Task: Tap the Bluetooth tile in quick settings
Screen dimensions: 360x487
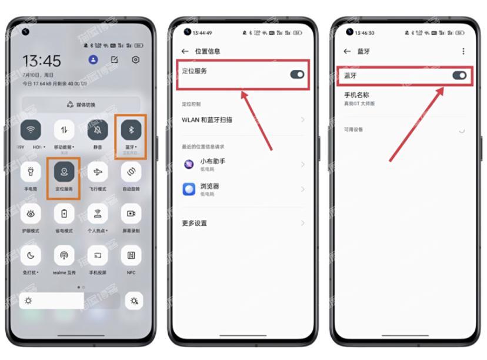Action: (131, 130)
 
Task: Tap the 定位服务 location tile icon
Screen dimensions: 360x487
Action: (64, 172)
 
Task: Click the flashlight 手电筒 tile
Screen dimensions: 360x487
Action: (31, 172)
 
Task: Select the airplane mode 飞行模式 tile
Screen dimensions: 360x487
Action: (98, 172)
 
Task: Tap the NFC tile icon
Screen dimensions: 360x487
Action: (131, 255)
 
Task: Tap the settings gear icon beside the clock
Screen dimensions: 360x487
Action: (136, 60)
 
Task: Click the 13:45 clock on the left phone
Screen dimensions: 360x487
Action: (41, 61)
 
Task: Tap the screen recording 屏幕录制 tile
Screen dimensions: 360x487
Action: (131, 214)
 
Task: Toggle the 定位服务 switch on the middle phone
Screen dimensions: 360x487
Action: (297, 75)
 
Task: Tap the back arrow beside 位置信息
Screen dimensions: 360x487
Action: (185, 51)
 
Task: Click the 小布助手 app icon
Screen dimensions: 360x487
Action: (189, 164)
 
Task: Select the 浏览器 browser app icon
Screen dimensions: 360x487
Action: (189, 189)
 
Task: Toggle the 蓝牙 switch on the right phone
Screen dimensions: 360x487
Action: (459, 75)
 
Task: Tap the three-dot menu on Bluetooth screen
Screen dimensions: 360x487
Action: (463, 51)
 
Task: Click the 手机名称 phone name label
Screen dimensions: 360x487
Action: (357, 95)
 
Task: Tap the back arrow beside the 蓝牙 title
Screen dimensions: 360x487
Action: (347, 51)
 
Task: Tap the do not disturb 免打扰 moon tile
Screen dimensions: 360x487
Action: (31, 255)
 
